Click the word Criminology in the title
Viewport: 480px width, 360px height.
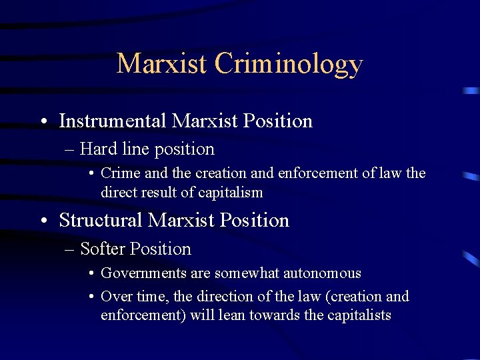click(x=289, y=64)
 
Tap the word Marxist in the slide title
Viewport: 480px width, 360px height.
click(x=162, y=64)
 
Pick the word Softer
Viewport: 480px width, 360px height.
click(x=103, y=249)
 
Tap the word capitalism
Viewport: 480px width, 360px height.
click(x=230, y=193)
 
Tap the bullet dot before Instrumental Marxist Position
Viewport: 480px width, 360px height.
click(x=43, y=122)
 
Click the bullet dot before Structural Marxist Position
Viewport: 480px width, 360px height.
click(x=43, y=221)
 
